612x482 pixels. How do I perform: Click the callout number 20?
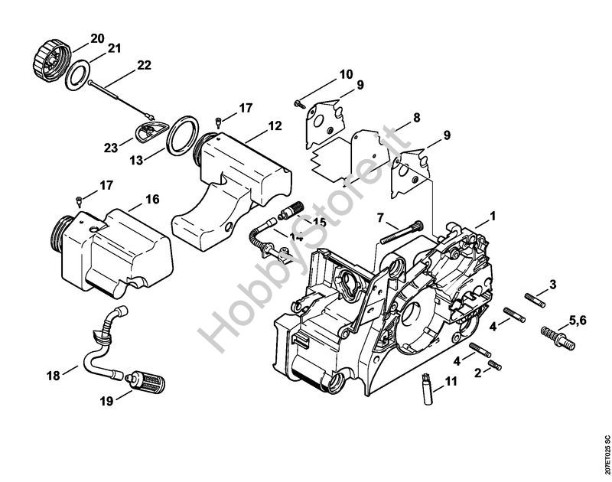click(97, 38)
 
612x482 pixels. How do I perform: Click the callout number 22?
click(144, 66)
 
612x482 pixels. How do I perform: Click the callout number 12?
click(254, 125)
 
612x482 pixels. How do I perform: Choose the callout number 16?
click(151, 199)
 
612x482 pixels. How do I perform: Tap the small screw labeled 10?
click(298, 102)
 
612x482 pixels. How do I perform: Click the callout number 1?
click(493, 217)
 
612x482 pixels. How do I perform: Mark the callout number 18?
click(52, 375)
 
